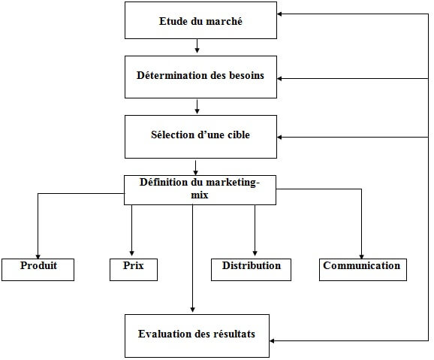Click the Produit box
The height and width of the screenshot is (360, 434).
click(x=38, y=268)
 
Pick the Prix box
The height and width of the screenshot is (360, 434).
click(x=132, y=268)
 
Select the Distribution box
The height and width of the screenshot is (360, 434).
click(x=251, y=268)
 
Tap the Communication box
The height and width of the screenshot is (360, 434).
click(x=361, y=268)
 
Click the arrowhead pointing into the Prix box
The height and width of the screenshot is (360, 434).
click(x=132, y=254)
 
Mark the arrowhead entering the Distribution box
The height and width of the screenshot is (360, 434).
click(x=255, y=254)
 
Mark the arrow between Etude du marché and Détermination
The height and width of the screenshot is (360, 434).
click(x=197, y=47)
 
